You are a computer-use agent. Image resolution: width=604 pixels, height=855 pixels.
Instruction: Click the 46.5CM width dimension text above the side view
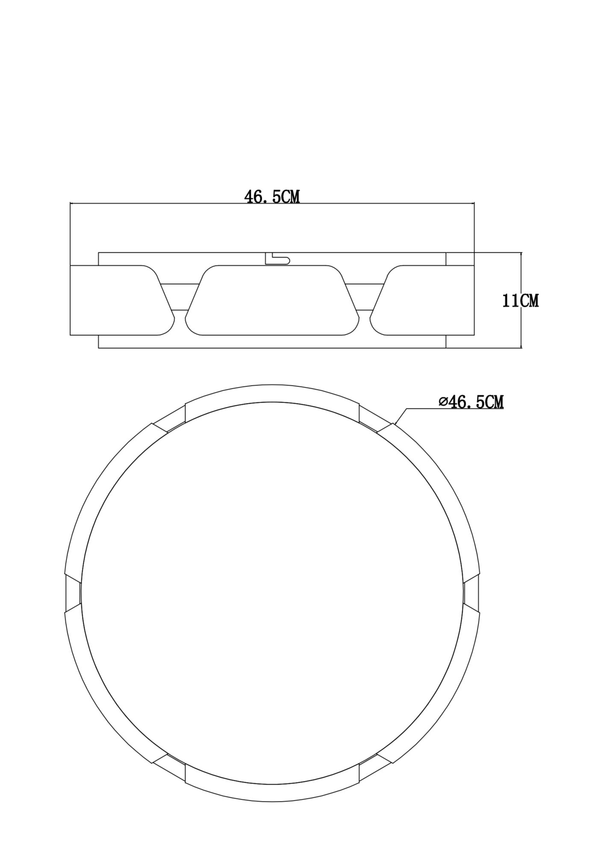tap(272, 197)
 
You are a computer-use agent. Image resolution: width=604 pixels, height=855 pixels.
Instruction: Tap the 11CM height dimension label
tap(520, 301)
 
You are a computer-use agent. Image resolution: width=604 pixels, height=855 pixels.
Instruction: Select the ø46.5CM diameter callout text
tap(471, 402)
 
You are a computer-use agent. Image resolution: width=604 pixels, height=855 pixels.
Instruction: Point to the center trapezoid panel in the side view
tap(272, 300)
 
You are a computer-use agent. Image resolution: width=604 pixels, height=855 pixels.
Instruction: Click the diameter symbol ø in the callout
tap(443, 402)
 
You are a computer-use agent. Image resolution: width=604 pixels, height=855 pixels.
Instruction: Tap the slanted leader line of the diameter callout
tap(400, 416)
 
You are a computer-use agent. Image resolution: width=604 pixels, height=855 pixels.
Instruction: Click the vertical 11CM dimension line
tap(522, 325)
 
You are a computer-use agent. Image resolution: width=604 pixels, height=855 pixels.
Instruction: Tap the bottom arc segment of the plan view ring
tap(272, 793)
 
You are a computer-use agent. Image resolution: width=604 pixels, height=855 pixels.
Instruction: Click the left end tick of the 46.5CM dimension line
tap(70, 203)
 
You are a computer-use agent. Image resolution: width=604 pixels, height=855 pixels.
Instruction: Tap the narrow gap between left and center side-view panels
tap(180, 296)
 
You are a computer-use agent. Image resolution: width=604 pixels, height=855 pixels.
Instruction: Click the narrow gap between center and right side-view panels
tap(365, 296)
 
